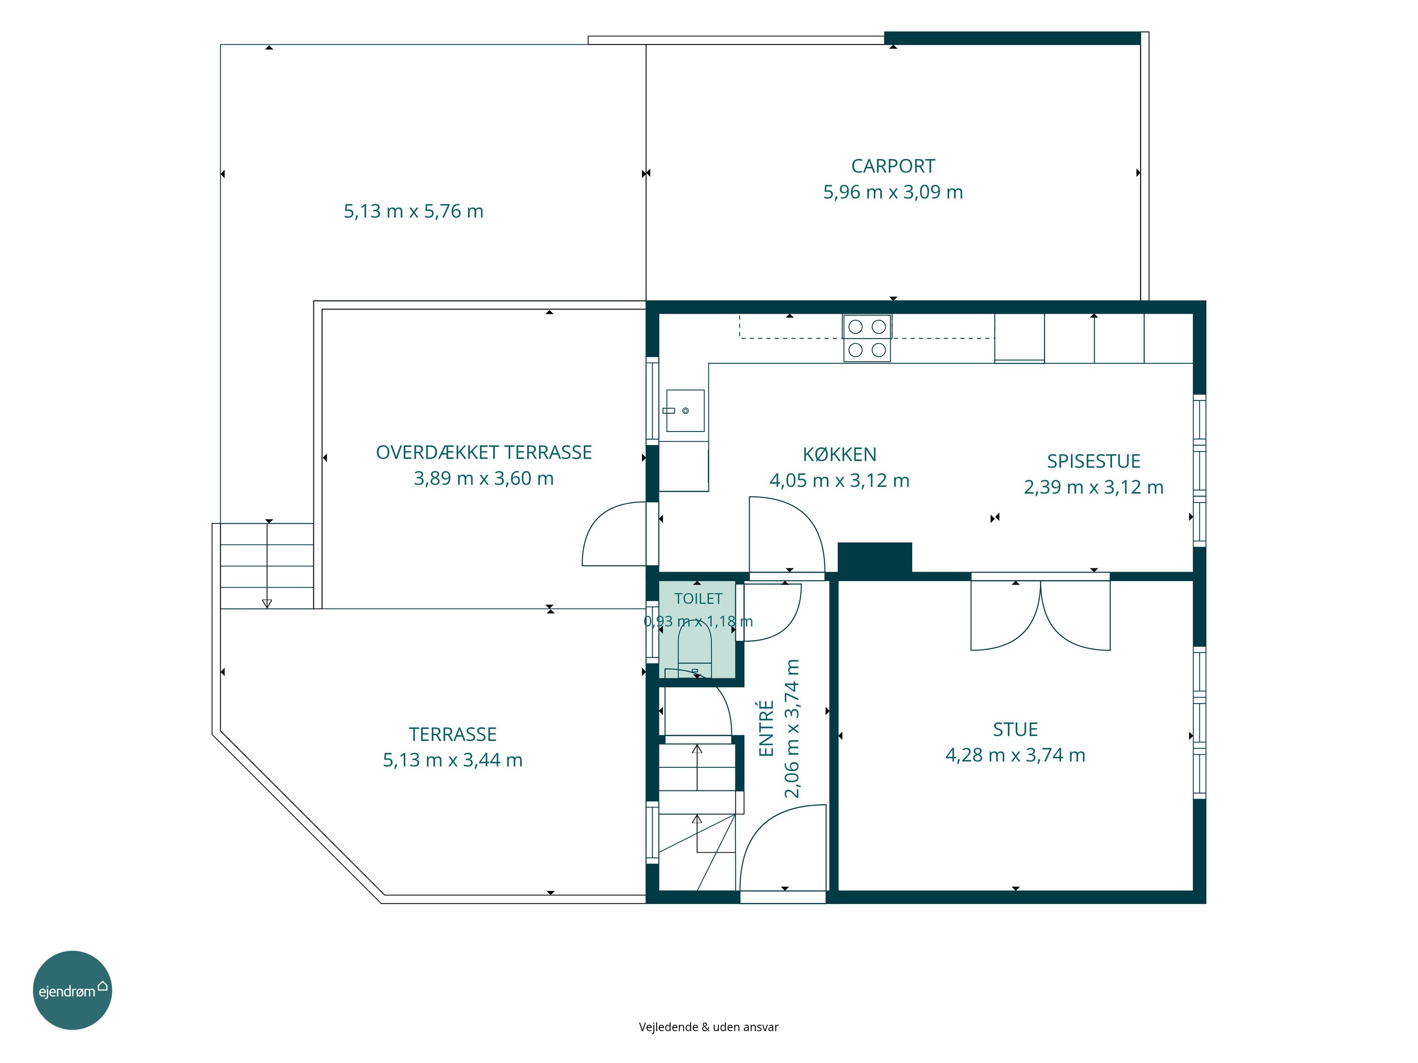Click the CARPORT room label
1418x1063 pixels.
tap(892, 166)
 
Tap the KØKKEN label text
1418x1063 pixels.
tap(839, 454)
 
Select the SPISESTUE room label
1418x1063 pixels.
tap(1094, 461)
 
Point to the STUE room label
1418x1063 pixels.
tap(1015, 729)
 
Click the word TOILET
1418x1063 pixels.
tap(698, 599)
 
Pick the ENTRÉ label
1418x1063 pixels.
tap(766, 728)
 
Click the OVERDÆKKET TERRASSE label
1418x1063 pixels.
tap(484, 453)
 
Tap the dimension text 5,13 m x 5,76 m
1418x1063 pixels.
tap(414, 211)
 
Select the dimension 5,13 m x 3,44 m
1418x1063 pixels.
tap(453, 760)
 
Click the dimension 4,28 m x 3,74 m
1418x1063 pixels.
tap(1015, 755)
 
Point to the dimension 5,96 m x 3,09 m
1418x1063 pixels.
tap(893, 192)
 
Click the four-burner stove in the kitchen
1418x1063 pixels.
tap(867, 338)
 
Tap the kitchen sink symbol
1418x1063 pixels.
tap(685, 411)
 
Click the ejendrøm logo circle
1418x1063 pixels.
tap(72, 990)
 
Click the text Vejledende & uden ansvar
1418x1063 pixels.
tap(709, 1027)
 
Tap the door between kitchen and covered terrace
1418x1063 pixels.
tap(614, 534)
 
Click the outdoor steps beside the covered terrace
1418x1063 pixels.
tap(267, 566)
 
